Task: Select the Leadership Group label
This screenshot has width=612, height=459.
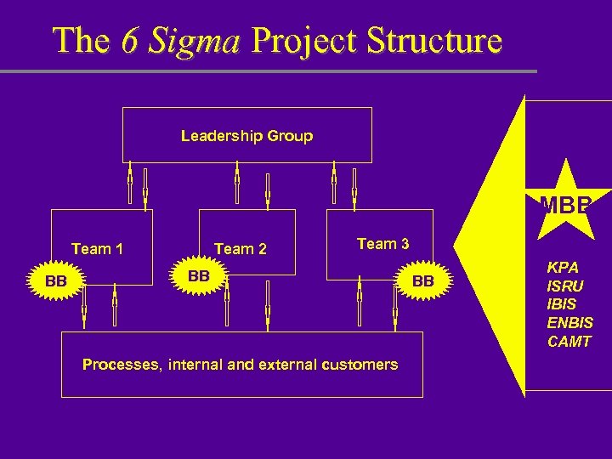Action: (246, 136)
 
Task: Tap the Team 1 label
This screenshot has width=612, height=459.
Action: (98, 249)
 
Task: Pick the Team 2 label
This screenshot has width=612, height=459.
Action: (241, 249)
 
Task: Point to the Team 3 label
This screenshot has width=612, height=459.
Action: (383, 244)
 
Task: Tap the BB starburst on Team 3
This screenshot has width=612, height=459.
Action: (423, 281)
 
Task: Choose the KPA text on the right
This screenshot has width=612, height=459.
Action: (563, 267)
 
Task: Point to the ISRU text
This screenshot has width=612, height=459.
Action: (565, 286)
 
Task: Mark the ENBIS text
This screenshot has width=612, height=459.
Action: (570, 323)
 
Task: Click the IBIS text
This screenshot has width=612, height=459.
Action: (562, 304)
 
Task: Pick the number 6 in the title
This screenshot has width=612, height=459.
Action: (130, 40)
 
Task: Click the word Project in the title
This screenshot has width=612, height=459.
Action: (300, 40)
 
